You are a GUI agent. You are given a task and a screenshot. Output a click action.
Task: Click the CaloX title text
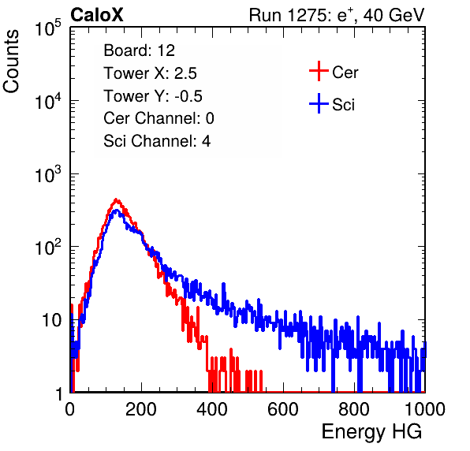tap(97, 15)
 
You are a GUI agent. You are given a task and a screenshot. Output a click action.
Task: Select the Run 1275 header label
tap(337, 15)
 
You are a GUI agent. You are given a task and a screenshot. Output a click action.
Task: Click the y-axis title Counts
tap(11, 61)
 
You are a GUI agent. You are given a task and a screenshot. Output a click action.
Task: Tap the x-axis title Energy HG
tap(371, 432)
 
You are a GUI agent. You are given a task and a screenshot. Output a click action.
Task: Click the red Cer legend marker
tap(319, 71)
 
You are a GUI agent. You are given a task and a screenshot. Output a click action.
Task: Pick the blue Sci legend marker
tap(319, 103)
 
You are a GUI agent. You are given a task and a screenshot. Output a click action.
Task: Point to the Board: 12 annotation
tap(139, 50)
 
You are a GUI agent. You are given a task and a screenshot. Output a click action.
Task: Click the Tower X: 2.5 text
tap(150, 73)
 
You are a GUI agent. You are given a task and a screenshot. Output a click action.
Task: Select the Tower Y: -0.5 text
tap(153, 96)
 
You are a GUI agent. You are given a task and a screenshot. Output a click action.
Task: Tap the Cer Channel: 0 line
tap(159, 118)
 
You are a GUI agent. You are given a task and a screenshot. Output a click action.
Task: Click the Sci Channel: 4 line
tap(157, 141)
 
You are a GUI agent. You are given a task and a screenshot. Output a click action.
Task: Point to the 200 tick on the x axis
tap(141, 409)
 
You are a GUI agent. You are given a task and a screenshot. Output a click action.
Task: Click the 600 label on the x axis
tap(283, 409)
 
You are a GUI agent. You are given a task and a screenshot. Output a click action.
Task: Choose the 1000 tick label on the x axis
tap(425, 409)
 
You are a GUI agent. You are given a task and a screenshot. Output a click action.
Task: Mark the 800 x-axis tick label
tap(354, 409)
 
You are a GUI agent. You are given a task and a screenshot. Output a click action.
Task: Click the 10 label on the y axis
tap(51, 320)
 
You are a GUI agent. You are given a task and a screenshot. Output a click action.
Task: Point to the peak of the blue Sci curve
tap(117, 210)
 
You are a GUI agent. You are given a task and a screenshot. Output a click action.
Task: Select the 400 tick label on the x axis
tap(212, 409)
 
